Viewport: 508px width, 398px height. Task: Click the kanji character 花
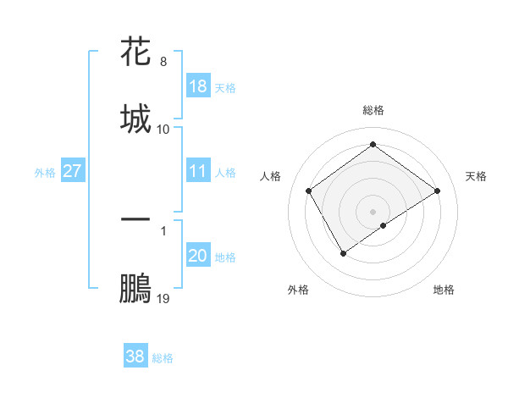[135, 53]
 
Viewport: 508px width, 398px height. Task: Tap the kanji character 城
[135, 118]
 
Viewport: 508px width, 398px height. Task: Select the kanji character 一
[135, 219]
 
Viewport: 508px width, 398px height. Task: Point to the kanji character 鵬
[135, 288]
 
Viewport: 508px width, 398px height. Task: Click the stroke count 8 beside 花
[163, 62]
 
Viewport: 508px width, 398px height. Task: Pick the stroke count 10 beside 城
[163, 129]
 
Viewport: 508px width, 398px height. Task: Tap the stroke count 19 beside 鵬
[163, 299]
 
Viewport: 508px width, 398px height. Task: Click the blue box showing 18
[198, 86]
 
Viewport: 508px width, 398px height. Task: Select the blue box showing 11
[198, 171]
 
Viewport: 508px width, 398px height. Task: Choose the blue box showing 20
[198, 256]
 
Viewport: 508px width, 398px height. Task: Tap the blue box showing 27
[73, 171]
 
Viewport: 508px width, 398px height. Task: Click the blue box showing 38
[135, 357]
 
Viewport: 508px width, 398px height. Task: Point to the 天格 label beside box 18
[224, 88]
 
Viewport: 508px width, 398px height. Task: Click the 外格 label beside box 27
[45, 173]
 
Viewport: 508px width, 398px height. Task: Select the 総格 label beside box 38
[163, 358]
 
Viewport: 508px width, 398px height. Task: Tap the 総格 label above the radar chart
[373, 110]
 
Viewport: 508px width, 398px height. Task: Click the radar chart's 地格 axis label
[444, 290]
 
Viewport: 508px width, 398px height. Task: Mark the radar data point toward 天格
[437, 191]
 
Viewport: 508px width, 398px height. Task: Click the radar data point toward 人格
[309, 191]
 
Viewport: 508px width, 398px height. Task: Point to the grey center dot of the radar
[373, 211]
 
